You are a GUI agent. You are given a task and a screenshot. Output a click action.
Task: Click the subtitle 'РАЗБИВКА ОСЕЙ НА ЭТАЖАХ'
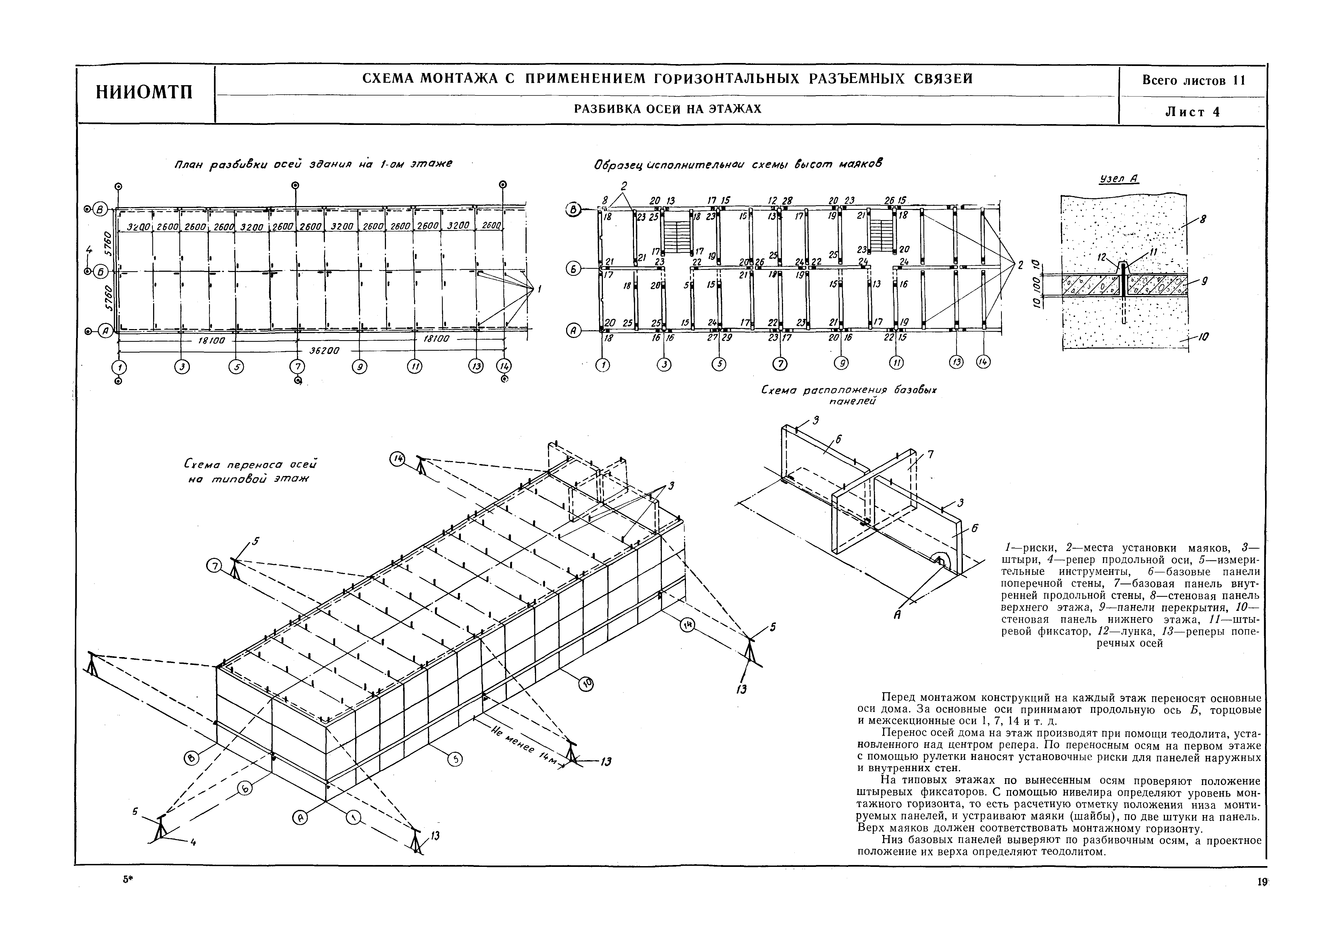[x=668, y=109]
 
